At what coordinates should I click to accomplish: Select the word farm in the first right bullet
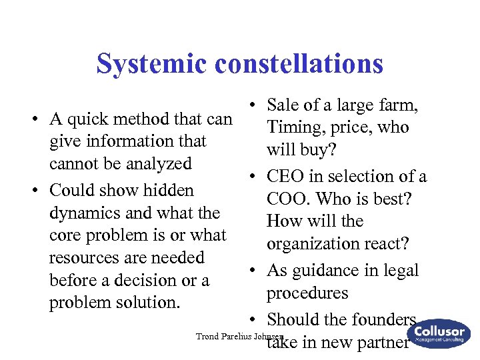tap(399, 105)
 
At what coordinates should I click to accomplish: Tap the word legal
tap(398, 271)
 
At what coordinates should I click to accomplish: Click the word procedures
tap(307, 293)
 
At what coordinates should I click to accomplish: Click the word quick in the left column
tap(90, 120)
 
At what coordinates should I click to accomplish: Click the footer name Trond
tap(207, 336)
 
